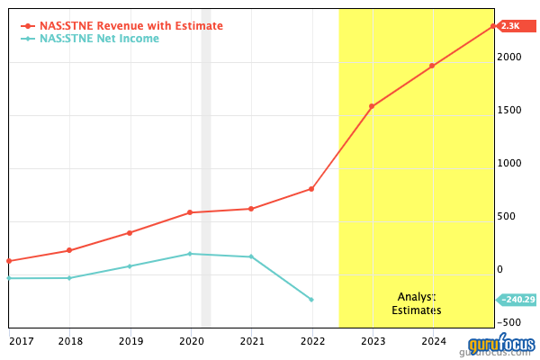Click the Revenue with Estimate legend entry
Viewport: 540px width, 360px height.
click(x=130, y=26)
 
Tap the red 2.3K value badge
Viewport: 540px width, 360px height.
click(x=511, y=26)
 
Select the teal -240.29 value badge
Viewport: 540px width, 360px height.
click(x=517, y=300)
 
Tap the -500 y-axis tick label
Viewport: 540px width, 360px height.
click(x=511, y=322)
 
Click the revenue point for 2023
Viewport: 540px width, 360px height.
click(x=372, y=106)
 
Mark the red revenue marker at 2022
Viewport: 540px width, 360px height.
click(x=311, y=188)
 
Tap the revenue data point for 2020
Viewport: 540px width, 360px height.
click(x=190, y=212)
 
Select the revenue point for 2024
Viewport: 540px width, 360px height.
click(x=432, y=66)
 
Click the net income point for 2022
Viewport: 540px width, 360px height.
click(x=311, y=300)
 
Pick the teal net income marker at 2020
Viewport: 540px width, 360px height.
click(x=190, y=254)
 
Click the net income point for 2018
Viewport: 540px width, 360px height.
click(x=69, y=278)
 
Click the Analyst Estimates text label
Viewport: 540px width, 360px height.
click(x=417, y=303)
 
